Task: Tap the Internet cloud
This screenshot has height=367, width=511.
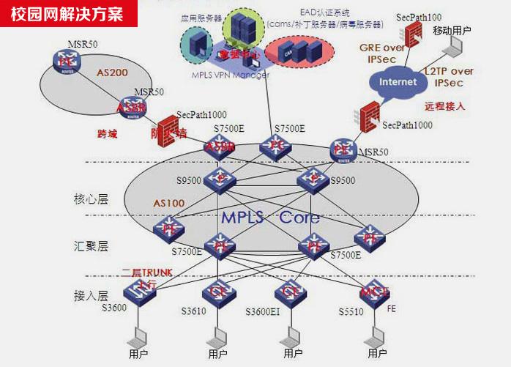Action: coord(398,81)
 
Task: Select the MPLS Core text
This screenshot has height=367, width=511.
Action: coord(270,218)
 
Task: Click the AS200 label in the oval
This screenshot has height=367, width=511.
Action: coord(112,73)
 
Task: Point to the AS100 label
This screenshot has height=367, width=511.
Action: coord(168,202)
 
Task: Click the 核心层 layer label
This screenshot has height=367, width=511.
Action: coord(91,199)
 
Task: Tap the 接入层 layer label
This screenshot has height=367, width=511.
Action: coord(91,296)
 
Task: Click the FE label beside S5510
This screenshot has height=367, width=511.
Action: coord(392,309)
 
